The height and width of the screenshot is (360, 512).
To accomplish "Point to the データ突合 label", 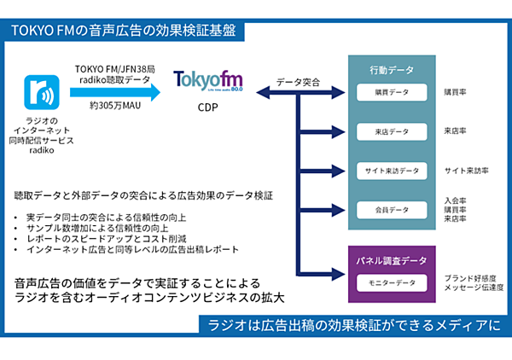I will click(298, 83).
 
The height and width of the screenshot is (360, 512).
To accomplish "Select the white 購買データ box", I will click(392, 91).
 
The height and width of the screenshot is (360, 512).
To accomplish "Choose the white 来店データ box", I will click(392, 131).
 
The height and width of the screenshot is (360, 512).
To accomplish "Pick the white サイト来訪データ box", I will click(392, 171).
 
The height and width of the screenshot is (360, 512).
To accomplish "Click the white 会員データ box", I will click(392, 209).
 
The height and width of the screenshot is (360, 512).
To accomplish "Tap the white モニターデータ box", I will click(392, 282).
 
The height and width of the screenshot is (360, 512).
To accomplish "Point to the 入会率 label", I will click(457, 200).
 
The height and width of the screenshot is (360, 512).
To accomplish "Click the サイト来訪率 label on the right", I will click(466, 171).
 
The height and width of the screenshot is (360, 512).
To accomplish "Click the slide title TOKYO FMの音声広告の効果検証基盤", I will click(125, 31).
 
